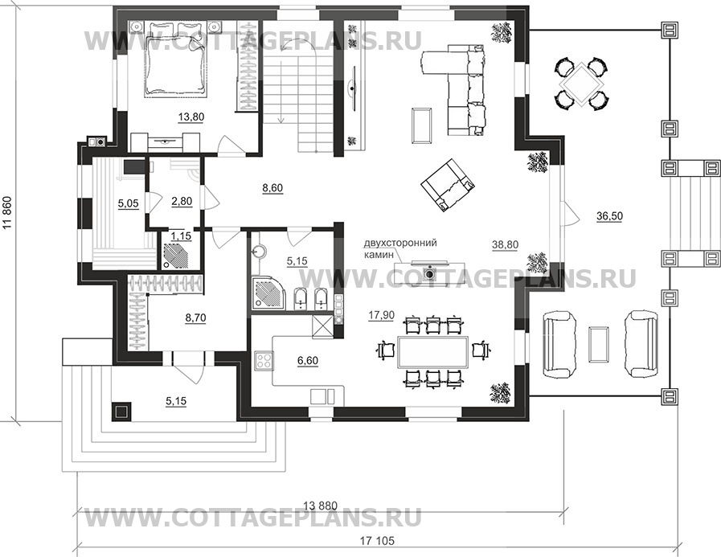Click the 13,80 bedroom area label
190,117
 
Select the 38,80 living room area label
505,245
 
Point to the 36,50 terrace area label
610,215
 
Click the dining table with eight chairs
432,352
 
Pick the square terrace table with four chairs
582,84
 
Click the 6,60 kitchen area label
308,361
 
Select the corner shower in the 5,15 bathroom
266,293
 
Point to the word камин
379,253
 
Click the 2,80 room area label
182,202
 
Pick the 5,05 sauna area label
129,203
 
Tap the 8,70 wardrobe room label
195,317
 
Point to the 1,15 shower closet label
181,236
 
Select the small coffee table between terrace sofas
599,342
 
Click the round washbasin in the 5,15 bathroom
259,251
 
